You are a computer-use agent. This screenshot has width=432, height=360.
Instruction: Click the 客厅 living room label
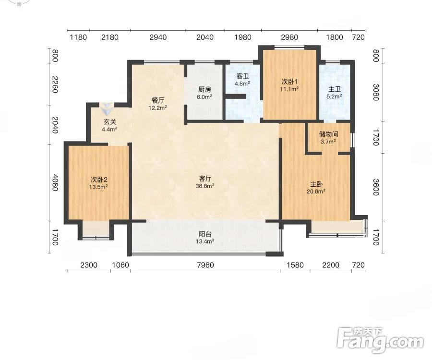205,179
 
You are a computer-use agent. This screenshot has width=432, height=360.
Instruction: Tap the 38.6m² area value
205,186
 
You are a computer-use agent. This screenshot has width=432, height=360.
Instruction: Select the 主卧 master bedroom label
316,184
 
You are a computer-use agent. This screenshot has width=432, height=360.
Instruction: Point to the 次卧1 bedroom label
289,82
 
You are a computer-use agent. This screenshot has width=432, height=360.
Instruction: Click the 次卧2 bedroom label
99,180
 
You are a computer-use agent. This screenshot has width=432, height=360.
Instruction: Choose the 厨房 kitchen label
204,90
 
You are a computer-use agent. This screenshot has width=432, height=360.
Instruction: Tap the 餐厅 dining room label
158,100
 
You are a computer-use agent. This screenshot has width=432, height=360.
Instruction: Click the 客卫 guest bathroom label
243,76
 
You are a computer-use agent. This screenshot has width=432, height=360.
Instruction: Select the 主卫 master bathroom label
335,89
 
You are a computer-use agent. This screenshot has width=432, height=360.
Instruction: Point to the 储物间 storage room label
328,134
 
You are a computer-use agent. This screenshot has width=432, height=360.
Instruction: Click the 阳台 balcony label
205,234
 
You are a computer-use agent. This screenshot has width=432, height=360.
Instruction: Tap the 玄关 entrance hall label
109,122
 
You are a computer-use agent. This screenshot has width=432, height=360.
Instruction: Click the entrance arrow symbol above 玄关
106,108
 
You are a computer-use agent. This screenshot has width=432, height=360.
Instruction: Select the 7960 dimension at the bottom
205,265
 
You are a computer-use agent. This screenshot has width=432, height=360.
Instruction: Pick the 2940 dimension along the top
158,37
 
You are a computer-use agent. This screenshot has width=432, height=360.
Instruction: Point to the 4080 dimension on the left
55,182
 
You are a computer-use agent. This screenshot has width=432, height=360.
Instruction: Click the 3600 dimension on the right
376,187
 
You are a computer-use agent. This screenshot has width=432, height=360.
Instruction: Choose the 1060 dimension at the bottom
120,265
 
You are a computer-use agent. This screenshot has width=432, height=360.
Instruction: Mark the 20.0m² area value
316,191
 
